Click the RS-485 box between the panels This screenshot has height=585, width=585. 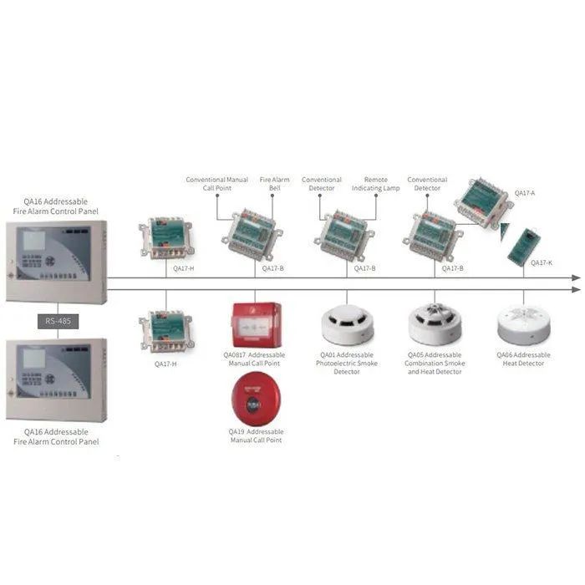pyautogui.click(x=57, y=320)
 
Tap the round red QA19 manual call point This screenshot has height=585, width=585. pyautogui.click(x=256, y=400)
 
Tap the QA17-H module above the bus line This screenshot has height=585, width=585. pyautogui.click(x=171, y=237)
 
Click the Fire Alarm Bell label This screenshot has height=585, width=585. pyautogui.click(x=274, y=184)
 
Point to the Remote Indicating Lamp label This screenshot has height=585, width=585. pyautogui.click(x=381, y=184)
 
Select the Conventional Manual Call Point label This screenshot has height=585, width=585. pyautogui.click(x=216, y=184)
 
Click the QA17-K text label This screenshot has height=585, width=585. pyautogui.click(x=542, y=263)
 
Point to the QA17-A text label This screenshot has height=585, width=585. pyautogui.click(x=524, y=193)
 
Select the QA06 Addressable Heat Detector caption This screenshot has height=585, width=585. pyautogui.click(x=523, y=359)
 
